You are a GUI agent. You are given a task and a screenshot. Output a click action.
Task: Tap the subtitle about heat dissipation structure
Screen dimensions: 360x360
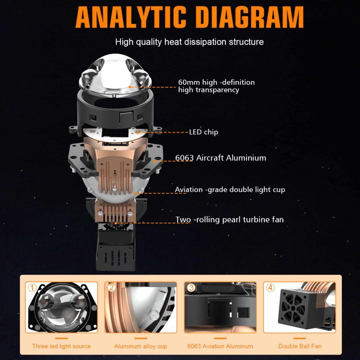189,42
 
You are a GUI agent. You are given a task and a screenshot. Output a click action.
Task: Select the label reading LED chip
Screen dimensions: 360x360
203,132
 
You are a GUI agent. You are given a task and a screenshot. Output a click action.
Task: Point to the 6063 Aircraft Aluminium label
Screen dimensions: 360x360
220,158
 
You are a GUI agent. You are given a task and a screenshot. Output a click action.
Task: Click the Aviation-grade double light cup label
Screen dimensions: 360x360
230,190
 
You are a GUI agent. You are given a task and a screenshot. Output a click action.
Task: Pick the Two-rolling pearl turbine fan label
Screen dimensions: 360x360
229,219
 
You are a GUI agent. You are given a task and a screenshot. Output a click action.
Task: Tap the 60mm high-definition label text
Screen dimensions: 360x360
216,86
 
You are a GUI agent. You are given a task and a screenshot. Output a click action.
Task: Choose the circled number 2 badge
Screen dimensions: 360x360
111,287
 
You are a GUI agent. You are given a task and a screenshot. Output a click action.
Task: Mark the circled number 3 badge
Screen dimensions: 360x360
191,287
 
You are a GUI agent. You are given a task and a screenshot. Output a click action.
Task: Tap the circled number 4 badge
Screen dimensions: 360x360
270,287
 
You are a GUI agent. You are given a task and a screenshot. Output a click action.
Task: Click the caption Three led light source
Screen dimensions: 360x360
61,346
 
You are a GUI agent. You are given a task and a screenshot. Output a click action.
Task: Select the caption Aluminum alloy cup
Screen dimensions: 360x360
141,346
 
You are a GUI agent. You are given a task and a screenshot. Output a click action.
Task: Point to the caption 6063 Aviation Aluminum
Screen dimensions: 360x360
220,346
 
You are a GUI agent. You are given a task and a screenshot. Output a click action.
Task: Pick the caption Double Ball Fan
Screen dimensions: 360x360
300,346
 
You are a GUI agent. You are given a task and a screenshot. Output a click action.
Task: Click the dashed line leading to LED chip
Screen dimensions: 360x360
164,132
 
